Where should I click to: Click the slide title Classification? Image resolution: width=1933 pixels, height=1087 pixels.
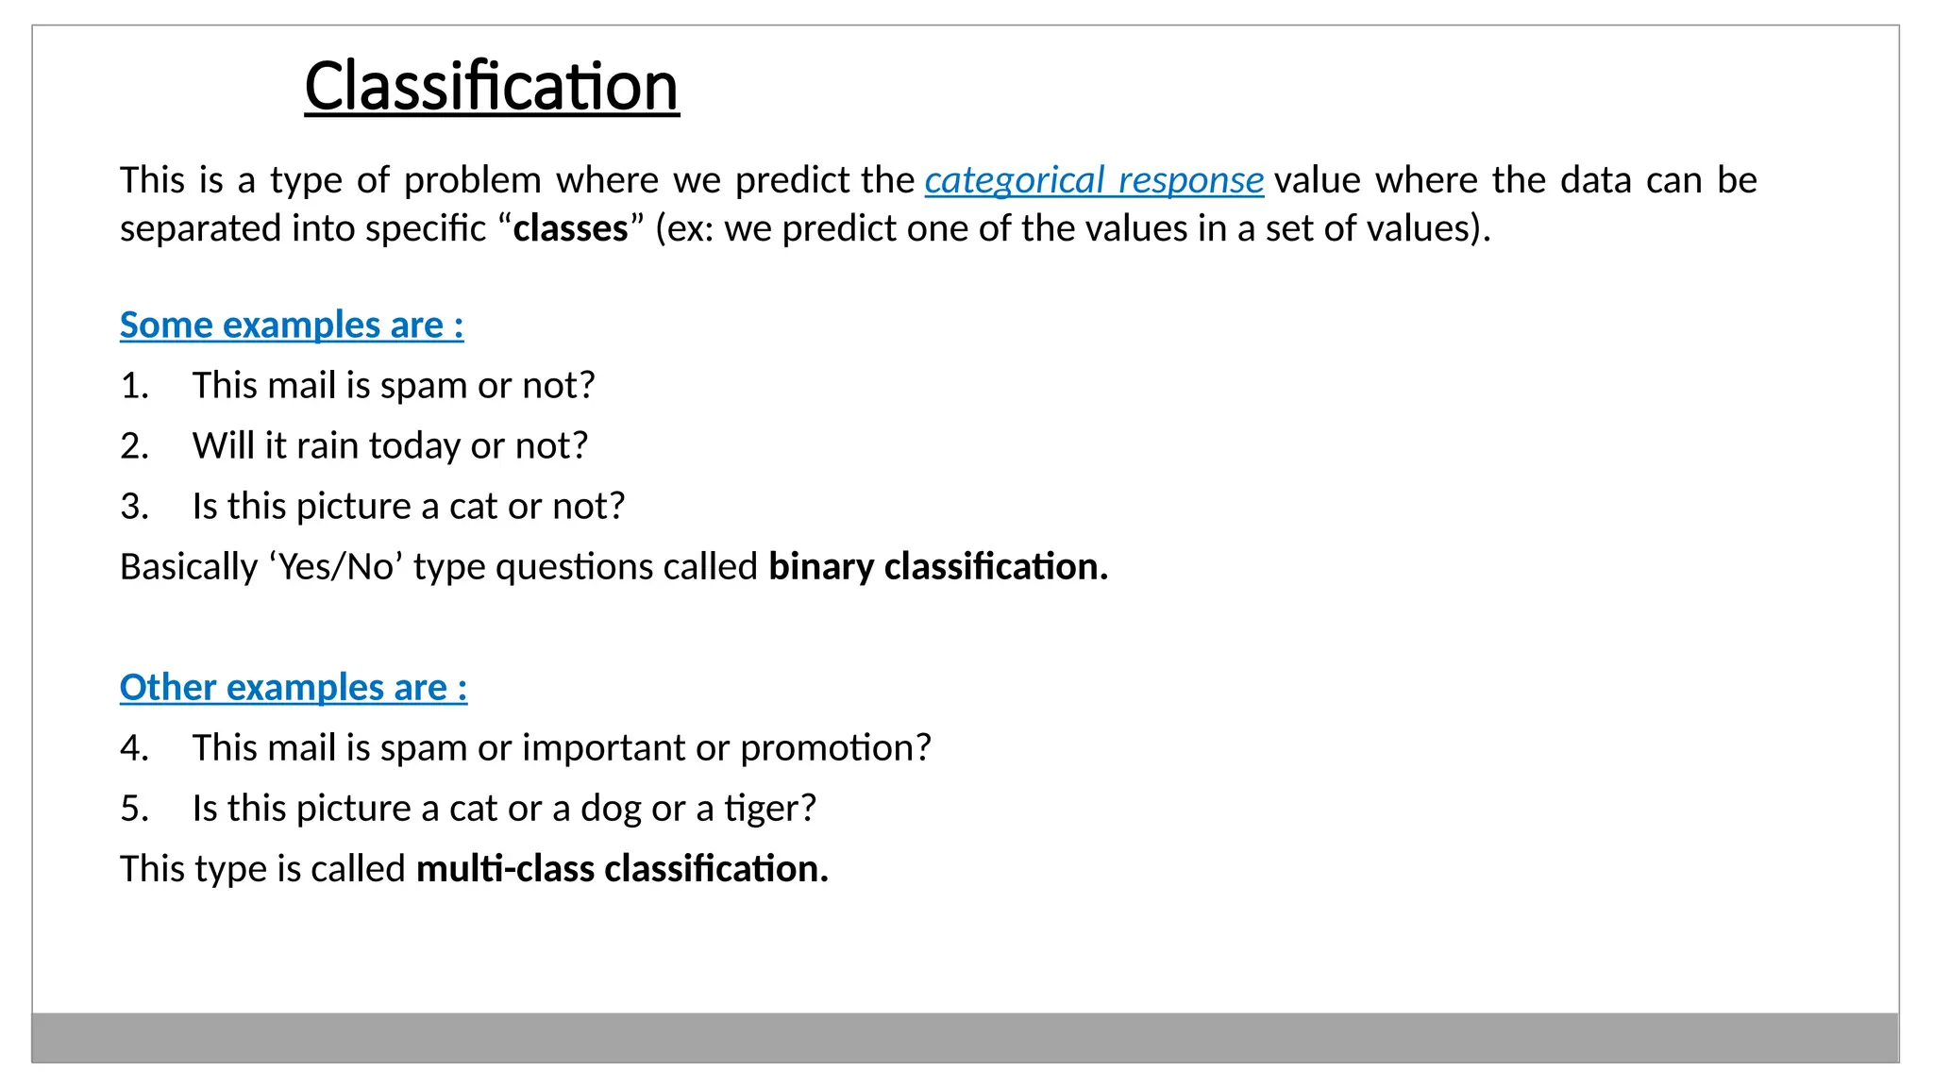pos(492,87)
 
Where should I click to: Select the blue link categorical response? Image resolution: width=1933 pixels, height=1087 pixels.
pos(1093,180)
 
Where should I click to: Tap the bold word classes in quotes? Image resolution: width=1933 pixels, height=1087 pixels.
pos(570,229)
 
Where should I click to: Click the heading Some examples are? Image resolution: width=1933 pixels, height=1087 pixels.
pos(292,326)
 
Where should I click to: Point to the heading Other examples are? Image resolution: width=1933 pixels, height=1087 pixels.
pos(294,688)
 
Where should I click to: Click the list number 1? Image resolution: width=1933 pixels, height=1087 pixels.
pos(134,386)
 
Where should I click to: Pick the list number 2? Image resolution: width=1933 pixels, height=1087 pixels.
pos(134,446)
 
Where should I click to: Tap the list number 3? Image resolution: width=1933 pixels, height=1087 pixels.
pos(134,507)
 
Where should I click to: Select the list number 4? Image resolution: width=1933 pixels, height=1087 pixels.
pos(134,748)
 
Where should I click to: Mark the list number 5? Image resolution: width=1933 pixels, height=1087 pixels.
pos(134,809)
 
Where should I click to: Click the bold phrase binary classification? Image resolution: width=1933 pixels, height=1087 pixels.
pos(938,567)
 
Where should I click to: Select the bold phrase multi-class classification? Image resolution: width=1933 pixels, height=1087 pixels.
pos(622,869)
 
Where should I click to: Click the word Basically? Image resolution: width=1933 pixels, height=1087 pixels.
pos(189,567)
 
